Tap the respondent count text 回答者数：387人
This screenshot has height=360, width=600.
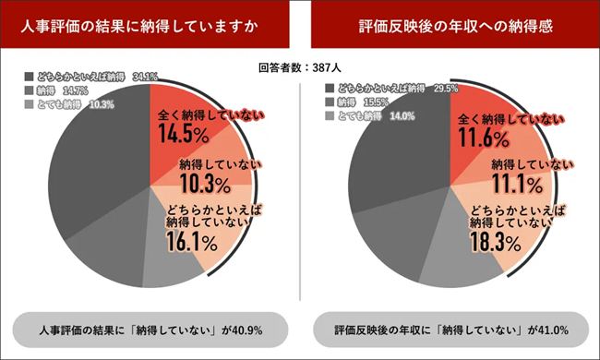pyautogui.click(x=300, y=67)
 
